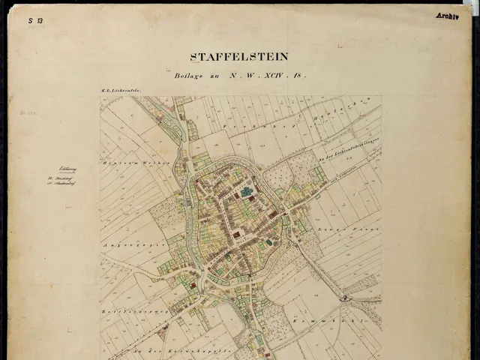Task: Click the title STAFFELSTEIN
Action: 239,56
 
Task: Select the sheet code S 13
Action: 35,21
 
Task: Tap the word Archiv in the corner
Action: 446,16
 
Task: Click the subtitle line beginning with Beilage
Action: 239,76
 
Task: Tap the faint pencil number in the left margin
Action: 33,115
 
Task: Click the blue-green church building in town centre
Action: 246,193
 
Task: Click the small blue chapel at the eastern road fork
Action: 344,298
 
